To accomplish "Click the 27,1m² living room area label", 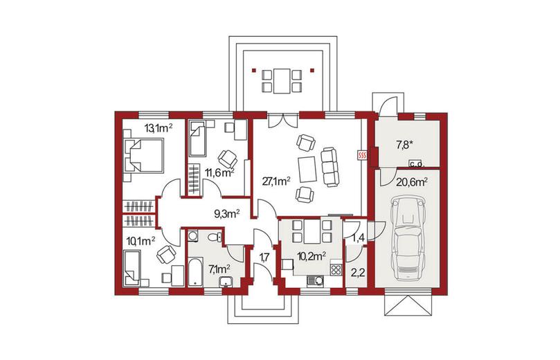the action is pyautogui.click(x=276, y=181).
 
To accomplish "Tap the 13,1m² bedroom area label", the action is pyautogui.click(x=159, y=128).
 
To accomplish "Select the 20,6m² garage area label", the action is pyautogui.click(x=412, y=183).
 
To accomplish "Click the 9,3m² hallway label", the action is pyautogui.click(x=226, y=213).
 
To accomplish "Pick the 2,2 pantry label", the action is pyautogui.click(x=357, y=273).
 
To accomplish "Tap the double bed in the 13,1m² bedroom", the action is pyautogui.click(x=143, y=156).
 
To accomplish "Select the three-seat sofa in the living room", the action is pyautogui.click(x=329, y=166).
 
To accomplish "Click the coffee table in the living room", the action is pyautogui.click(x=307, y=170).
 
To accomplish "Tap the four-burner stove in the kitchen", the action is pyautogui.click(x=336, y=269).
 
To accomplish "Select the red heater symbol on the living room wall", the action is pyautogui.click(x=363, y=154).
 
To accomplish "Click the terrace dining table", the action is pyautogui.click(x=282, y=81).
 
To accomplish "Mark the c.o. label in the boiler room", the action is pyautogui.click(x=416, y=164).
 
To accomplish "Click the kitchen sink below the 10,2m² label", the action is pyautogui.click(x=316, y=282).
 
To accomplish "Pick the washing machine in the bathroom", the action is pyautogui.click(x=193, y=237).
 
